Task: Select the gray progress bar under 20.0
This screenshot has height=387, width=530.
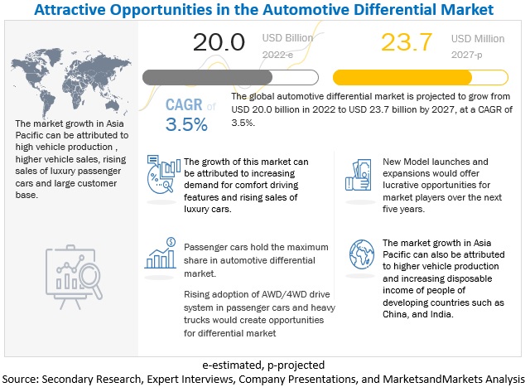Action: (x=230, y=78)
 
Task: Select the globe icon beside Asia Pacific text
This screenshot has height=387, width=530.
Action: (x=361, y=253)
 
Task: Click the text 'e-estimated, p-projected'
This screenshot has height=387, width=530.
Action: (x=264, y=364)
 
